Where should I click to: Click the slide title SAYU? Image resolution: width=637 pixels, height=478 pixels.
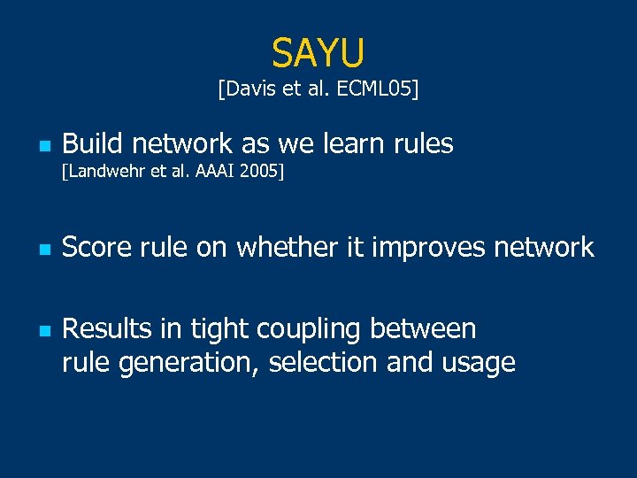coord(318,53)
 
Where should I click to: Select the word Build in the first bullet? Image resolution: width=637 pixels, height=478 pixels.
coord(93,143)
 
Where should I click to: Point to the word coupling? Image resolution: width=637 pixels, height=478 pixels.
coord(309,330)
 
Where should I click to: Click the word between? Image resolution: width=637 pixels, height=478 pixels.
coord(423,328)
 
